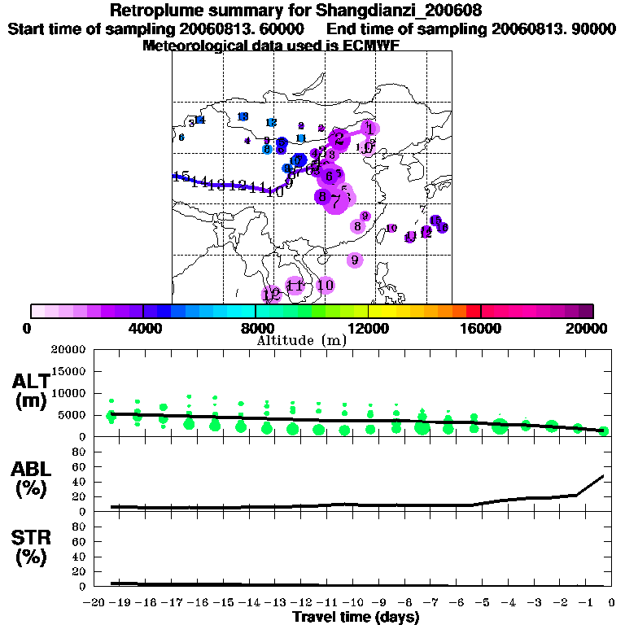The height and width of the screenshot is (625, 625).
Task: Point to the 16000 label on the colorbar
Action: pyautogui.click(x=480, y=328)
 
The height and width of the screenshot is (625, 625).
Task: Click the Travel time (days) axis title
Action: pyautogui.click(x=356, y=617)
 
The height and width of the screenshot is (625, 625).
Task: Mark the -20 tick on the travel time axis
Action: pyautogui.click(x=96, y=602)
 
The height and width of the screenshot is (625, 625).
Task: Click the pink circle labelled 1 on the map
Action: pyautogui.click(x=370, y=128)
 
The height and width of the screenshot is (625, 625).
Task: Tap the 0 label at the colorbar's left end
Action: pyautogui.click(x=28, y=328)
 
